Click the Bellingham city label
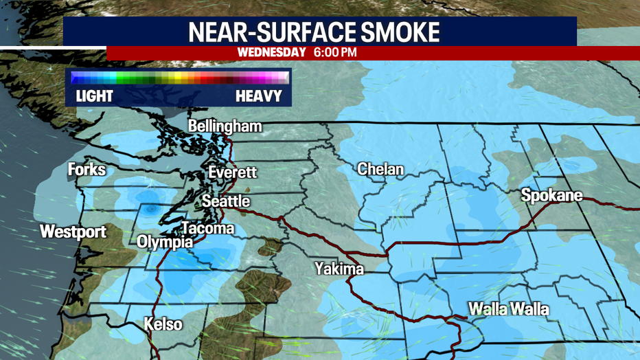[225, 126]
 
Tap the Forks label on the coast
[87, 169]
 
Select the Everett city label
[232, 172]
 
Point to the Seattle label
[225, 201]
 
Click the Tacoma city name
[207, 228]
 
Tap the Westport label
[73, 232]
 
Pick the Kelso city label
[163, 324]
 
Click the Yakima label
[339, 268]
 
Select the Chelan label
[380, 169]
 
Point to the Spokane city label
[551, 195]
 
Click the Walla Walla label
[509, 309]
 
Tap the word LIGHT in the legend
[94, 95]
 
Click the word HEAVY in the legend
[259, 95]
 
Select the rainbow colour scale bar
[179, 77]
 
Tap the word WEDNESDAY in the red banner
[271, 52]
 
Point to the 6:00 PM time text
[334, 52]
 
